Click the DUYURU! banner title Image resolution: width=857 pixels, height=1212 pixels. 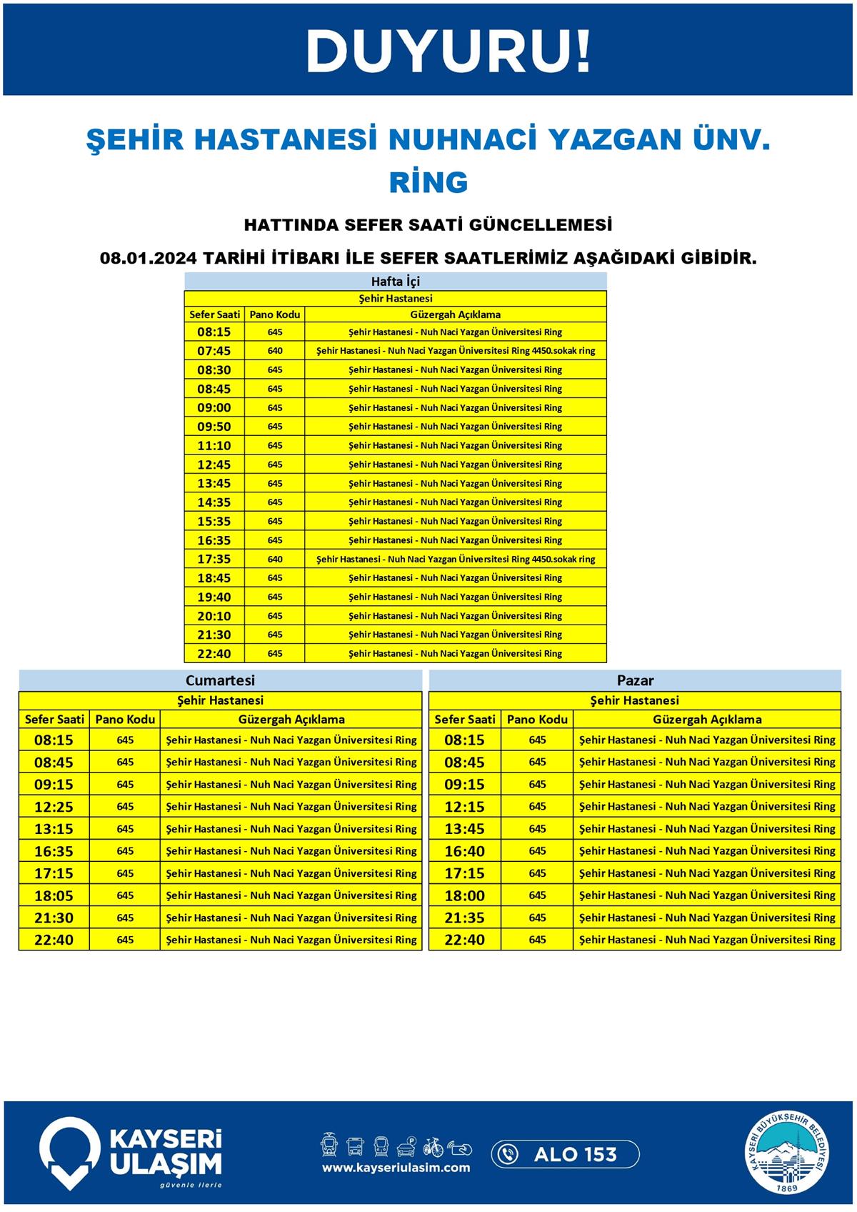pyautogui.click(x=448, y=51)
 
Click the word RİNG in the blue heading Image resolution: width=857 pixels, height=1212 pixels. pyautogui.click(x=428, y=182)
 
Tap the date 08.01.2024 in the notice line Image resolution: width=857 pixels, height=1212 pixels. pyautogui.click(x=149, y=258)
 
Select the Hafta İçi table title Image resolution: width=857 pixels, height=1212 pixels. pyautogui.click(x=395, y=281)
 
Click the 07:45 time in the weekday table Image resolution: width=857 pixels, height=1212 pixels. pyautogui.click(x=214, y=351)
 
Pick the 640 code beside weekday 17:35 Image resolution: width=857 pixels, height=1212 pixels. pyautogui.click(x=275, y=560)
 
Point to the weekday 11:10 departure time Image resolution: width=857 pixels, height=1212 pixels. pyautogui.click(x=214, y=446)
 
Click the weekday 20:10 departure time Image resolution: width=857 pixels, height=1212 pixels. pyautogui.click(x=214, y=616)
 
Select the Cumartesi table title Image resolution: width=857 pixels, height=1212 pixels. pyautogui.click(x=220, y=680)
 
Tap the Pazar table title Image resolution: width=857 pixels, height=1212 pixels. pyautogui.click(x=635, y=680)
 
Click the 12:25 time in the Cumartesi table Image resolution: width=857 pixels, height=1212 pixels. pyautogui.click(x=54, y=807)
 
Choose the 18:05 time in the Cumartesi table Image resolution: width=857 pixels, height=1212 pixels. pyautogui.click(x=54, y=895)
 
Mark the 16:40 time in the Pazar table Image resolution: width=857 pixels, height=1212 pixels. pyautogui.click(x=464, y=851)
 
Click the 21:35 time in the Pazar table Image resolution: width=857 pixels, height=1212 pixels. pyautogui.click(x=464, y=918)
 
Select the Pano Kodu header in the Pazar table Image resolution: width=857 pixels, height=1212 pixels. pyautogui.click(x=537, y=720)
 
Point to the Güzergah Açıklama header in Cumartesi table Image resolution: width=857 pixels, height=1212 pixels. pyautogui.click(x=291, y=720)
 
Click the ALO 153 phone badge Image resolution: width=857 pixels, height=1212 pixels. pyautogui.click(x=565, y=1154)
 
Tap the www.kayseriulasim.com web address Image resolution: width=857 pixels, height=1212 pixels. pyautogui.click(x=396, y=1168)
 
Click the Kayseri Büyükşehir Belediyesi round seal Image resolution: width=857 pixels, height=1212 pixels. pyautogui.click(x=788, y=1154)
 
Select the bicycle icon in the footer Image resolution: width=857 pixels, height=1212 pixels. pyautogui.click(x=433, y=1146)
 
